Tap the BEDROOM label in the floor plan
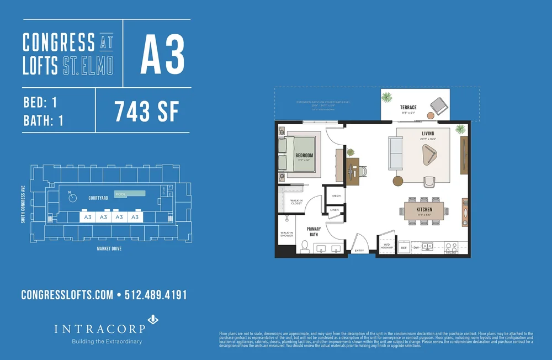coord(304,156)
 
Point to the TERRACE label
coord(408,107)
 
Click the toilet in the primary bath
coord(304,246)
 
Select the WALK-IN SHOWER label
coord(286,234)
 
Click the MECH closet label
coord(336,195)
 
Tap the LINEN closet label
coord(335,210)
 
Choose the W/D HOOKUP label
coord(386,247)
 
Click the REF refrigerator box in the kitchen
coord(404,248)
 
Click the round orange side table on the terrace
coord(431,116)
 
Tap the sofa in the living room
coord(396,153)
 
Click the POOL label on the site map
coord(121,194)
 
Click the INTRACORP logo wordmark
coord(99,329)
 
